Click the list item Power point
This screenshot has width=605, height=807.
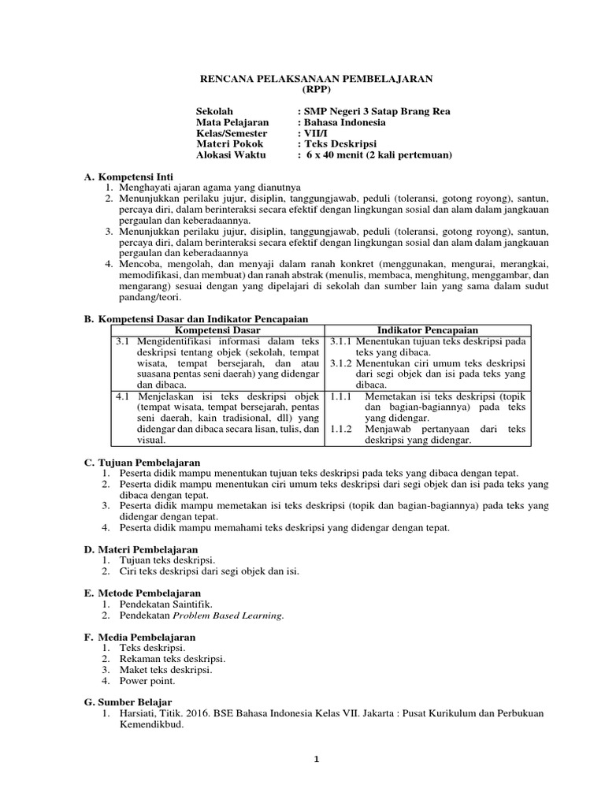(x=147, y=680)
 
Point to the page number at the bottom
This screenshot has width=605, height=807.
(x=316, y=759)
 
